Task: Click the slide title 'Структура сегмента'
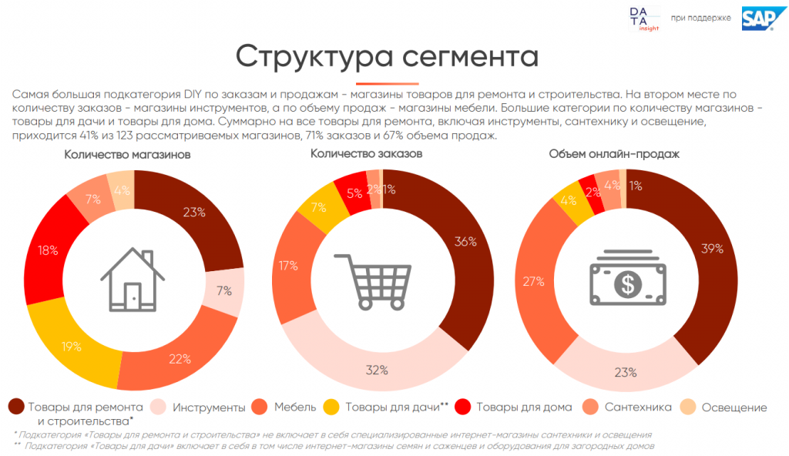pos(387,57)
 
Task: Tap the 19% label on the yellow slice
pos(72,346)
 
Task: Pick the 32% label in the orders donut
pos(376,370)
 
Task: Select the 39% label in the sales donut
pos(711,248)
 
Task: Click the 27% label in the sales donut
pos(533,283)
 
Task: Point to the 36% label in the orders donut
pos(466,241)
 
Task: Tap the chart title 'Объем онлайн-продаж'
pos(613,154)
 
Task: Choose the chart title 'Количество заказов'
pos(366,154)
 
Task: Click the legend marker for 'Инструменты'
pos(158,407)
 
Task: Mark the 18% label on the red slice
pos(48,250)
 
